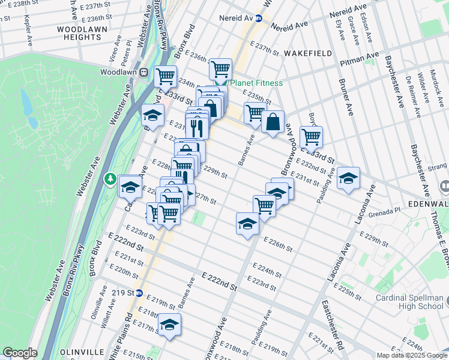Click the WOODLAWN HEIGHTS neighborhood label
[79, 33]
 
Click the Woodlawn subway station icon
[144, 72]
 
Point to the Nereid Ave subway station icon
[259, 19]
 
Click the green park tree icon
[110, 178]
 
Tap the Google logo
[20, 353]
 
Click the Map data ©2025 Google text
[412, 355]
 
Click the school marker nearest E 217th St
[170, 324]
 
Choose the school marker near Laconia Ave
[348, 178]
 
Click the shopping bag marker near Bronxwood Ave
[273, 122]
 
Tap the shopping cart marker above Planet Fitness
[220, 69]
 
